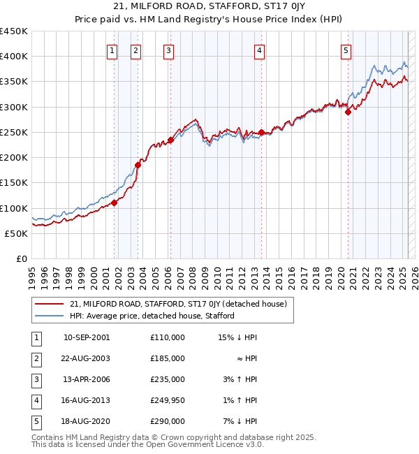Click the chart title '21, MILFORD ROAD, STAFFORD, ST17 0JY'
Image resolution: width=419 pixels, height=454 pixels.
click(x=209, y=8)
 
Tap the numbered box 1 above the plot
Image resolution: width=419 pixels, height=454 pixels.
click(x=112, y=50)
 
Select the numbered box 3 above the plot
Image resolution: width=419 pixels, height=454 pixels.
click(x=169, y=50)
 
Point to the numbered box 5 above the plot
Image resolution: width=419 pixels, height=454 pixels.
click(x=346, y=50)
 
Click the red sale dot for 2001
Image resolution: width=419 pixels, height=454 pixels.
click(x=114, y=203)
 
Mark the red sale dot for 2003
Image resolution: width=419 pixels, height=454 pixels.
click(x=138, y=165)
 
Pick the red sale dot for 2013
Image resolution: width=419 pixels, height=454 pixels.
click(x=261, y=132)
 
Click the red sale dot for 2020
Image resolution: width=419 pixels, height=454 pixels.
click(x=348, y=112)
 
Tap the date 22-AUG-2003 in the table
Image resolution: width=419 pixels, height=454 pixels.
click(x=86, y=358)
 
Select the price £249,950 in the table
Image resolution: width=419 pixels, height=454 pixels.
click(x=167, y=400)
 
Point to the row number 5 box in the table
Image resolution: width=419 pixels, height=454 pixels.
click(x=35, y=421)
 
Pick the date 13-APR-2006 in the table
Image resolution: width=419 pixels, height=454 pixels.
click(x=86, y=379)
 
